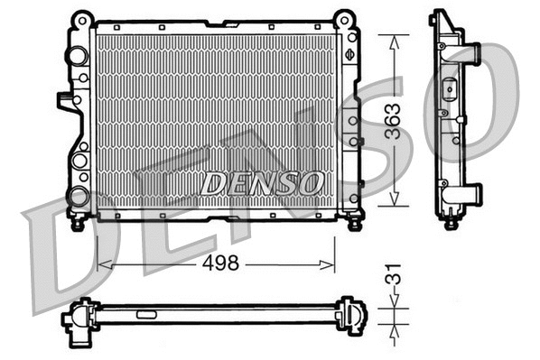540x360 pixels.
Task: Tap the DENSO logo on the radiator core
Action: (261, 183)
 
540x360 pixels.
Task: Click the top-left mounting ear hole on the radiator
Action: (81, 18)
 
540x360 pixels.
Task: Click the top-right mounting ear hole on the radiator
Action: (343, 18)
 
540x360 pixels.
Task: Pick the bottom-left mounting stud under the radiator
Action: (78, 219)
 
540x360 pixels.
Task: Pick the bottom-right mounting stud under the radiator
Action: (354, 218)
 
